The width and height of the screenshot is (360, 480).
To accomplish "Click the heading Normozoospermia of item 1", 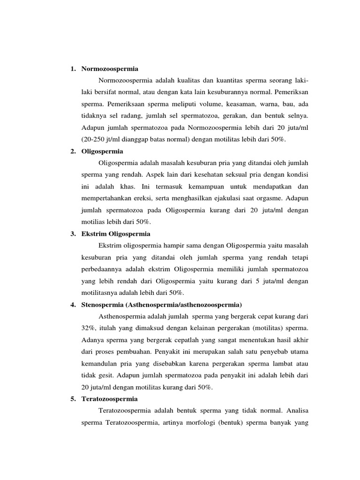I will point(110,69).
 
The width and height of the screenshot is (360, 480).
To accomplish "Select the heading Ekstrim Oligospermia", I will point(116,233).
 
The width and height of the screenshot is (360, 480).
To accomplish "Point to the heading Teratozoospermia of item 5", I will point(110,399).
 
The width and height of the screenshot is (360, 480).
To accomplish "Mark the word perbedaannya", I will point(103,269).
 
